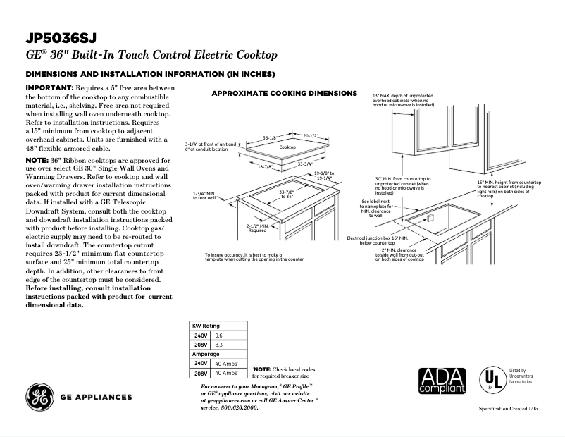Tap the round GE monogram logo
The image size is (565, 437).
[39, 398]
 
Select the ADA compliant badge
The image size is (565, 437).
[442, 380]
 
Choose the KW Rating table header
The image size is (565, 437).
[206, 326]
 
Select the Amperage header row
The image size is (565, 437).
[206, 354]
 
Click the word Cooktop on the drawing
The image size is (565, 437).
[287, 147]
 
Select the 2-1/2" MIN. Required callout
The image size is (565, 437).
[257, 227]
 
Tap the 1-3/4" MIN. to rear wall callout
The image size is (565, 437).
[206, 196]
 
